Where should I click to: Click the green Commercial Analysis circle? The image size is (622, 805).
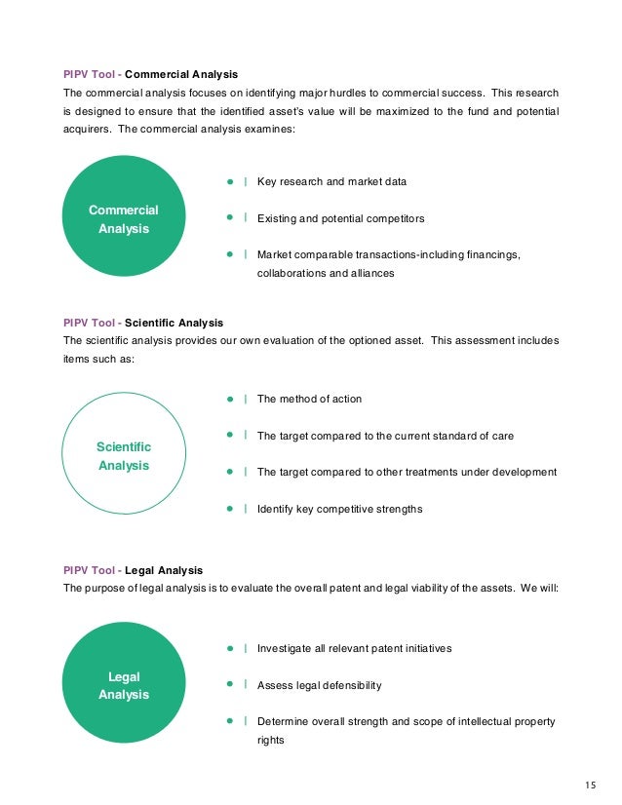click(123, 219)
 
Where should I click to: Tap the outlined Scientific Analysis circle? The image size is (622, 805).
click(123, 456)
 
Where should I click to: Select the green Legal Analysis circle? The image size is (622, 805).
click(123, 685)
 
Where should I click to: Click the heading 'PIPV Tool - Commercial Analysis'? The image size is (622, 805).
click(150, 74)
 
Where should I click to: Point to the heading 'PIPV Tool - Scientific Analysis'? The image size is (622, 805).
click(143, 323)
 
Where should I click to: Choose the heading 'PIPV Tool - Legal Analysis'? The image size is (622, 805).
click(134, 570)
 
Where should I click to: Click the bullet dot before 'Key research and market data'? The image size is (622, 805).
click(229, 181)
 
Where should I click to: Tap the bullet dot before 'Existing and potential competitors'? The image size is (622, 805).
click(229, 217)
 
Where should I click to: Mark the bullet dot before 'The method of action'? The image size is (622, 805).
click(229, 399)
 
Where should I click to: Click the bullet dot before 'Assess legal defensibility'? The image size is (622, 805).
click(229, 684)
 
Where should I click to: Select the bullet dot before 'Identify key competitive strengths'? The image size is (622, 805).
click(229, 508)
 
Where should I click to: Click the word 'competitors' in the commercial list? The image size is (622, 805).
click(393, 218)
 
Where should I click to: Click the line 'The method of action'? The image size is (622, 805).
click(309, 399)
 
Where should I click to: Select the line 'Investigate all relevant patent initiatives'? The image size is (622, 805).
click(354, 648)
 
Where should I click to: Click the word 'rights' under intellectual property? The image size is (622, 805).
click(270, 740)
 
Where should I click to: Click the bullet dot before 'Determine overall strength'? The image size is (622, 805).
click(229, 721)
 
